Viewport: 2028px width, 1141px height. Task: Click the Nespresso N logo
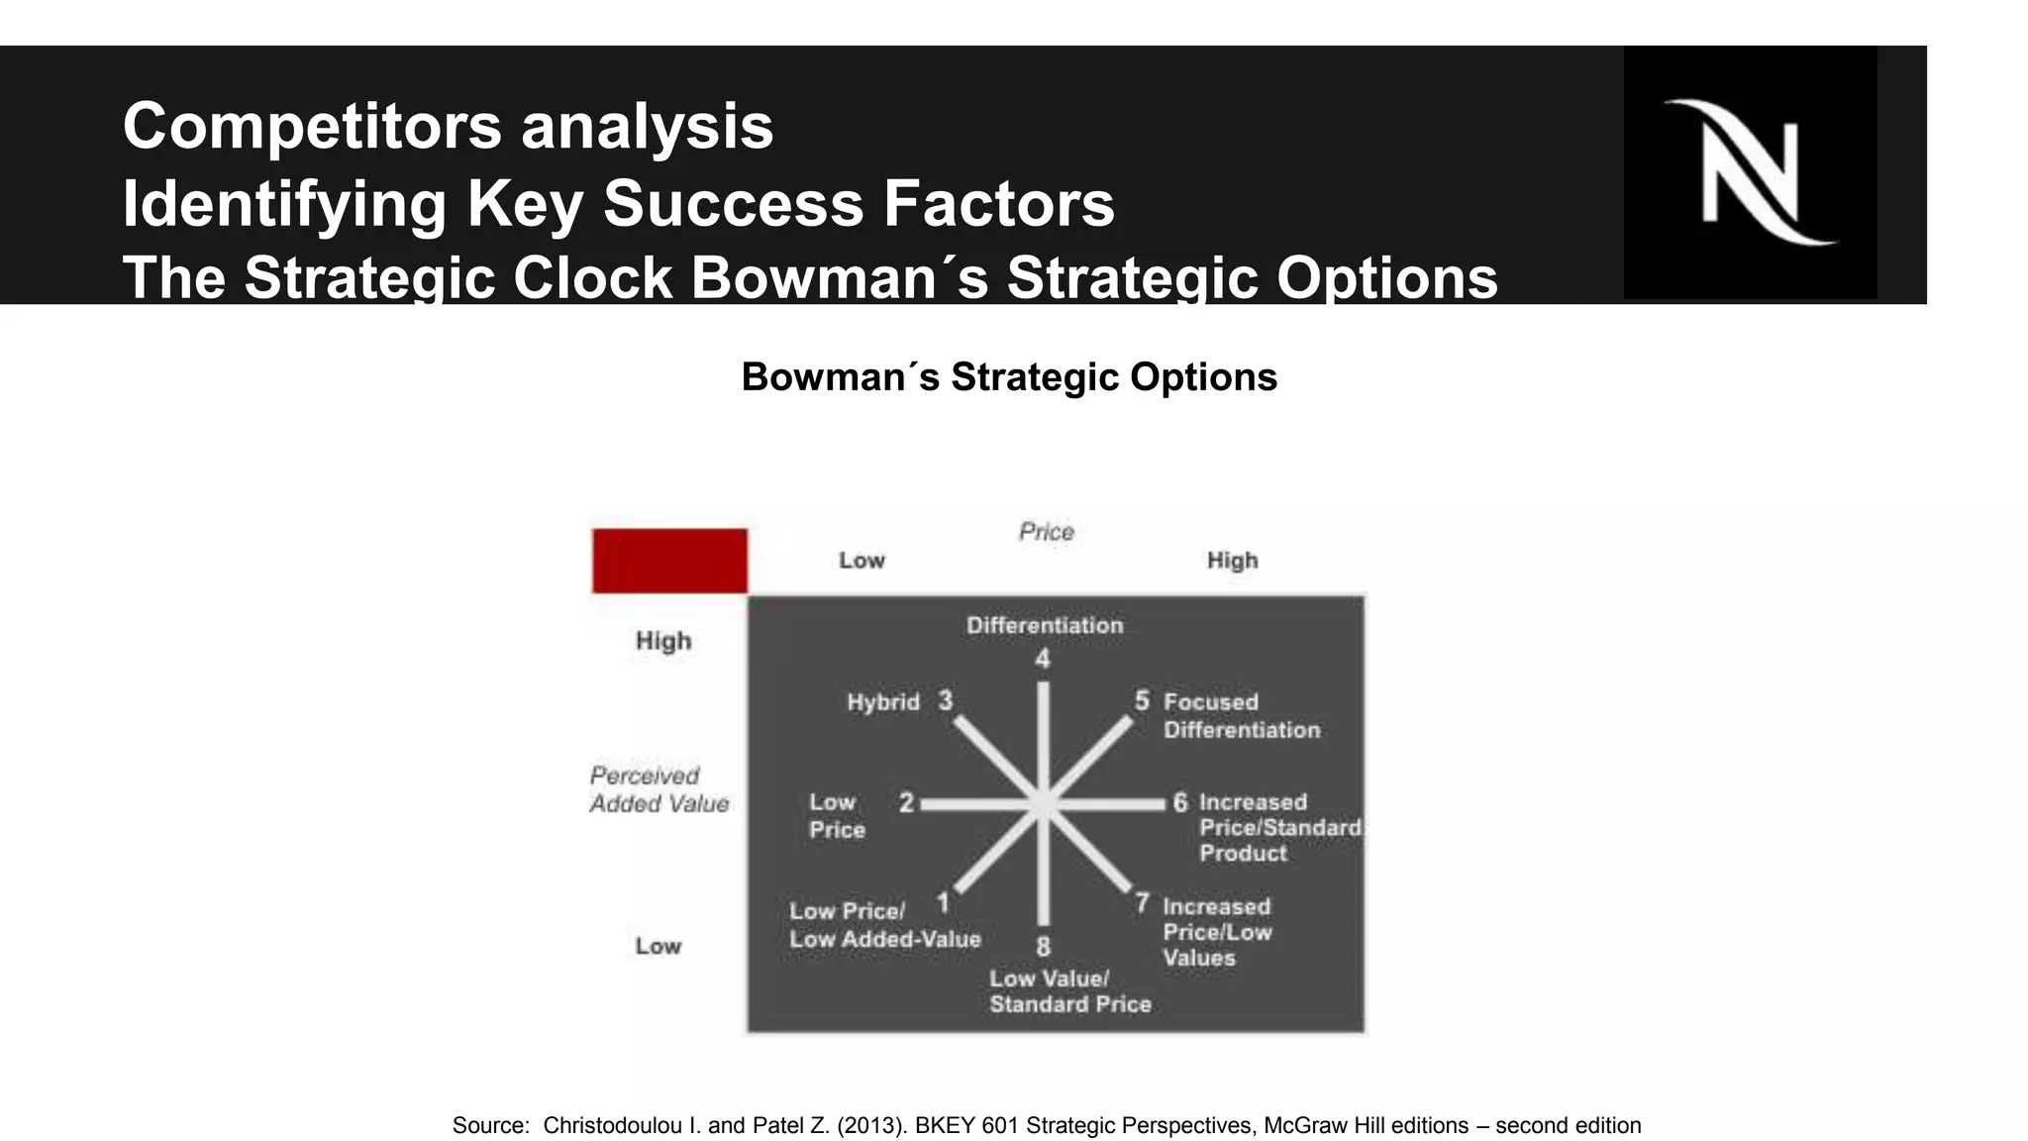tap(1750, 172)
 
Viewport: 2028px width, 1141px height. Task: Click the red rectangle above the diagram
tap(669, 561)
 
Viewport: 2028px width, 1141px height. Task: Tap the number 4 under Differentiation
tap(1042, 660)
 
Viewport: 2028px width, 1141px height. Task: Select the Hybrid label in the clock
tap(883, 702)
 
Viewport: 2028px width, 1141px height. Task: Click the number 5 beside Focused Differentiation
tap(1142, 701)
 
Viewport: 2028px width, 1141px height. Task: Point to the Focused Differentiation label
tap(1241, 716)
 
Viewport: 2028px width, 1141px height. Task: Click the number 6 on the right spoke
tap(1179, 802)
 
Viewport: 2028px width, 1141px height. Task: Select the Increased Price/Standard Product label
tap(1279, 828)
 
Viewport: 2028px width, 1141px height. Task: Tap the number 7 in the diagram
tap(1142, 903)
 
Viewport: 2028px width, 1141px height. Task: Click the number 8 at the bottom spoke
tap(1043, 947)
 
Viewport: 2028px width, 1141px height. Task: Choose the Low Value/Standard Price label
tap(1069, 991)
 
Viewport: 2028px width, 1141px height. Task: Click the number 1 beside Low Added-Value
tap(944, 902)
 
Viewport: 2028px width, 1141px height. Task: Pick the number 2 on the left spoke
tap(906, 802)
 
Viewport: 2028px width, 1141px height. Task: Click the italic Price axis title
tap(1046, 532)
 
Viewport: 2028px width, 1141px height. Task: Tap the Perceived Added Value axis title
tap(659, 789)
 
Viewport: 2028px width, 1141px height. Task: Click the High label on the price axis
tap(1232, 561)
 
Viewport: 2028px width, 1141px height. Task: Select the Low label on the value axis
tap(658, 946)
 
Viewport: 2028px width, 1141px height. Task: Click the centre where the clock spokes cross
tap(1043, 805)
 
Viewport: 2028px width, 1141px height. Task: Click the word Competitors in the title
tap(309, 127)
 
